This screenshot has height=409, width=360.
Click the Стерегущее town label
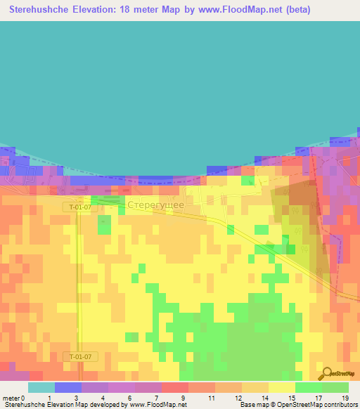pos(155,204)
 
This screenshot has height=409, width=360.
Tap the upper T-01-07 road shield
pos(81,207)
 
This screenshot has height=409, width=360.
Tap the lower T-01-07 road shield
pos(81,356)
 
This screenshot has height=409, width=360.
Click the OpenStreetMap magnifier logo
pos(326,373)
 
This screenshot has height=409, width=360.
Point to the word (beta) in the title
pos(294,10)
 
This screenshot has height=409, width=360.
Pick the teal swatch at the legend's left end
pos(41,387)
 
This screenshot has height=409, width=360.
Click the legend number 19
pos(344,397)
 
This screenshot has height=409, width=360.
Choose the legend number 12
pos(239,397)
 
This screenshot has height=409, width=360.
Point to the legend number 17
pos(318,397)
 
